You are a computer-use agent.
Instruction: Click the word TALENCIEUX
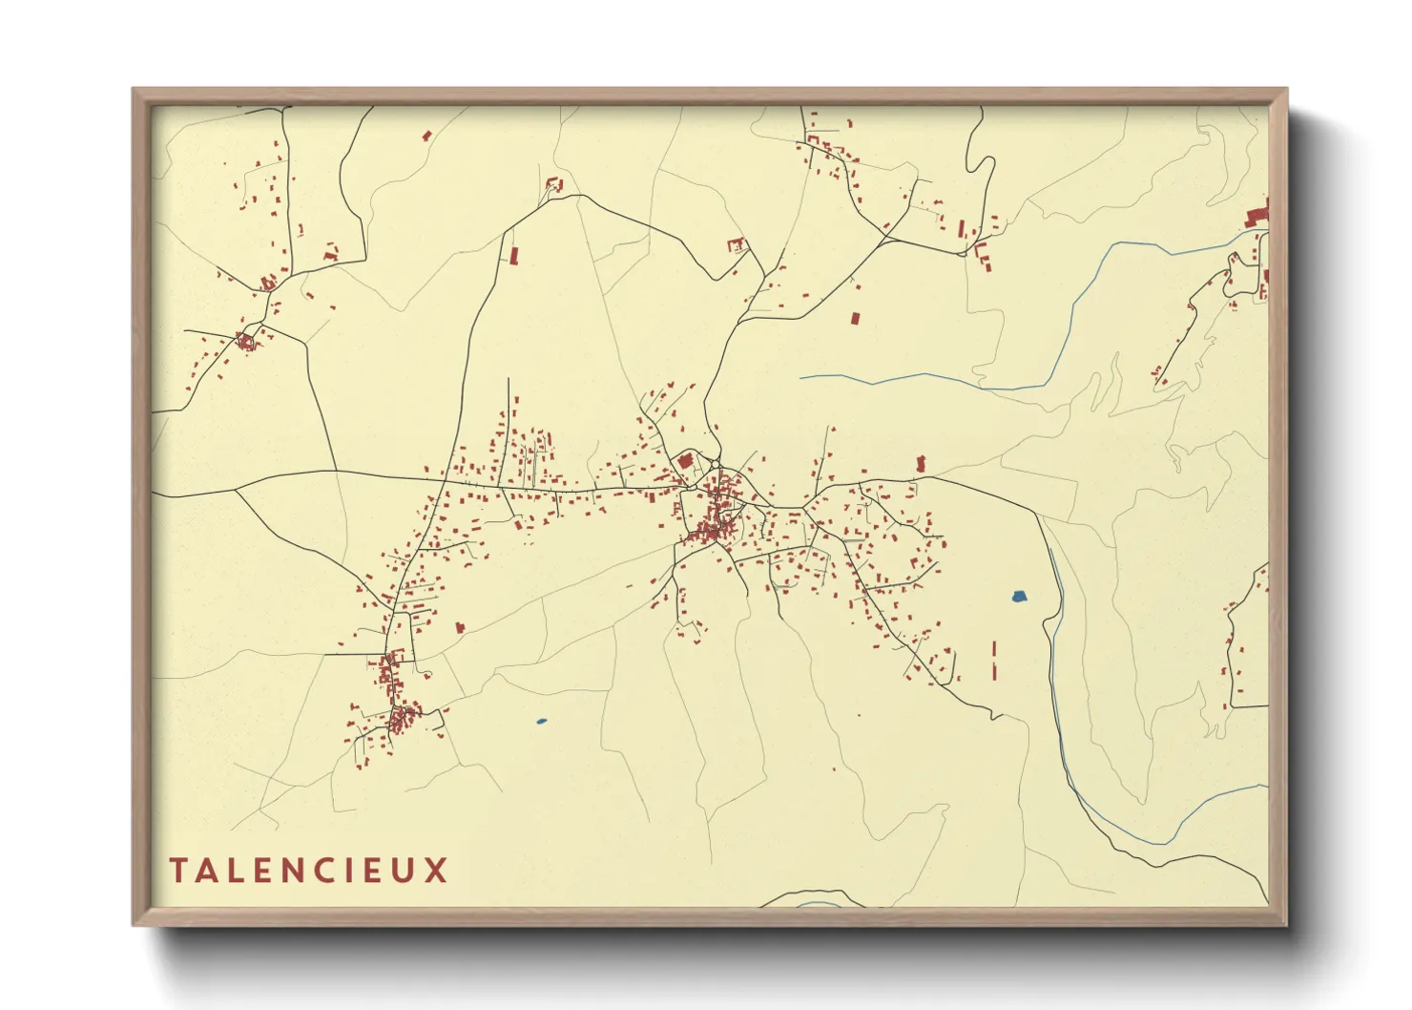click(308, 871)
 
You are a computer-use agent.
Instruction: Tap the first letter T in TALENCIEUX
click(178, 871)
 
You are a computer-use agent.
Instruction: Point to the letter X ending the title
click(437, 871)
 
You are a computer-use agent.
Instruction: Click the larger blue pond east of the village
click(1019, 598)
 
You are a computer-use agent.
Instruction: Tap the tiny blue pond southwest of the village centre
click(541, 721)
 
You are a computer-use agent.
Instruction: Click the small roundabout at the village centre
click(715, 465)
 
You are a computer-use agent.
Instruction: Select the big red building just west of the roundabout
click(684, 461)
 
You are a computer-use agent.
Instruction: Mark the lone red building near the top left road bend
click(426, 137)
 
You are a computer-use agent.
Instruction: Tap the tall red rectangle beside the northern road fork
click(513, 255)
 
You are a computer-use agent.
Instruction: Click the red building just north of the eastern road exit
click(921, 464)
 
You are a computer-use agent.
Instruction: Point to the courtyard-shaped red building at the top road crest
click(552, 184)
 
